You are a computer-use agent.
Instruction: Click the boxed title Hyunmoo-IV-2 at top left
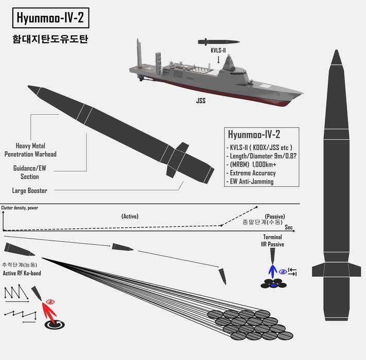pyautogui.click(x=49, y=19)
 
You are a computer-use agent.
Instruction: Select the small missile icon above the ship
pyautogui.click(x=218, y=41)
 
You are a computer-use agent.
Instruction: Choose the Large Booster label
pyautogui.click(x=29, y=191)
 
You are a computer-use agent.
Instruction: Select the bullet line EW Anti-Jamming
pyautogui.click(x=252, y=182)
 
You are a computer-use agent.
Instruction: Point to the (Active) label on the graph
pyautogui.click(x=129, y=217)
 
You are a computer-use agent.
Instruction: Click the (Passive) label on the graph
pyautogui.click(x=275, y=217)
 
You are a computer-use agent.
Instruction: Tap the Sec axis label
pyautogui.click(x=289, y=227)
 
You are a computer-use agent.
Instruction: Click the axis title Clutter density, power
pyautogui.click(x=20, y=208)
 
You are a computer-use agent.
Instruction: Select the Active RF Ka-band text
pyautogui.click(x=22, y=273)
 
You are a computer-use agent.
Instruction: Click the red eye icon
pyautogui.click(x=50, y=301)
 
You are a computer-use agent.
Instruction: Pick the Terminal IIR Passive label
pyautogui.click(x=272, y=240)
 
